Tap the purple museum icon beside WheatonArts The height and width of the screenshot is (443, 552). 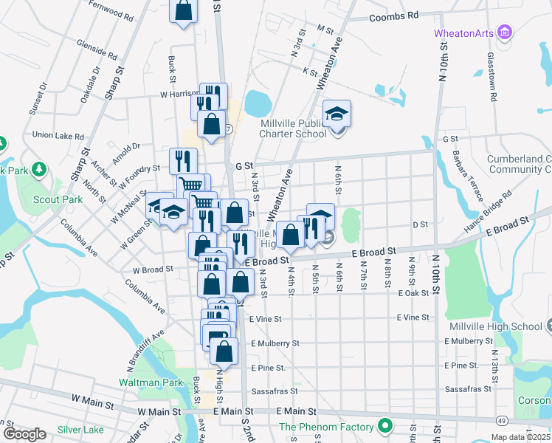tap(505, 32)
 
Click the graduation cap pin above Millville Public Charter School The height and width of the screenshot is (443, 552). tap(337, 114)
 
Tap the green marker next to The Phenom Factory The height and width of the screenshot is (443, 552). tap(384, 426)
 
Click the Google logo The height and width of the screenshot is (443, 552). tap(24, 434)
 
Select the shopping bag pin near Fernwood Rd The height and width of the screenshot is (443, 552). tap(184, 12)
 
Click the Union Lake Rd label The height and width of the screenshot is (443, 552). tap(58, 136)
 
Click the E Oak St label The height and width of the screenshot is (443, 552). tap(413, 293)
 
